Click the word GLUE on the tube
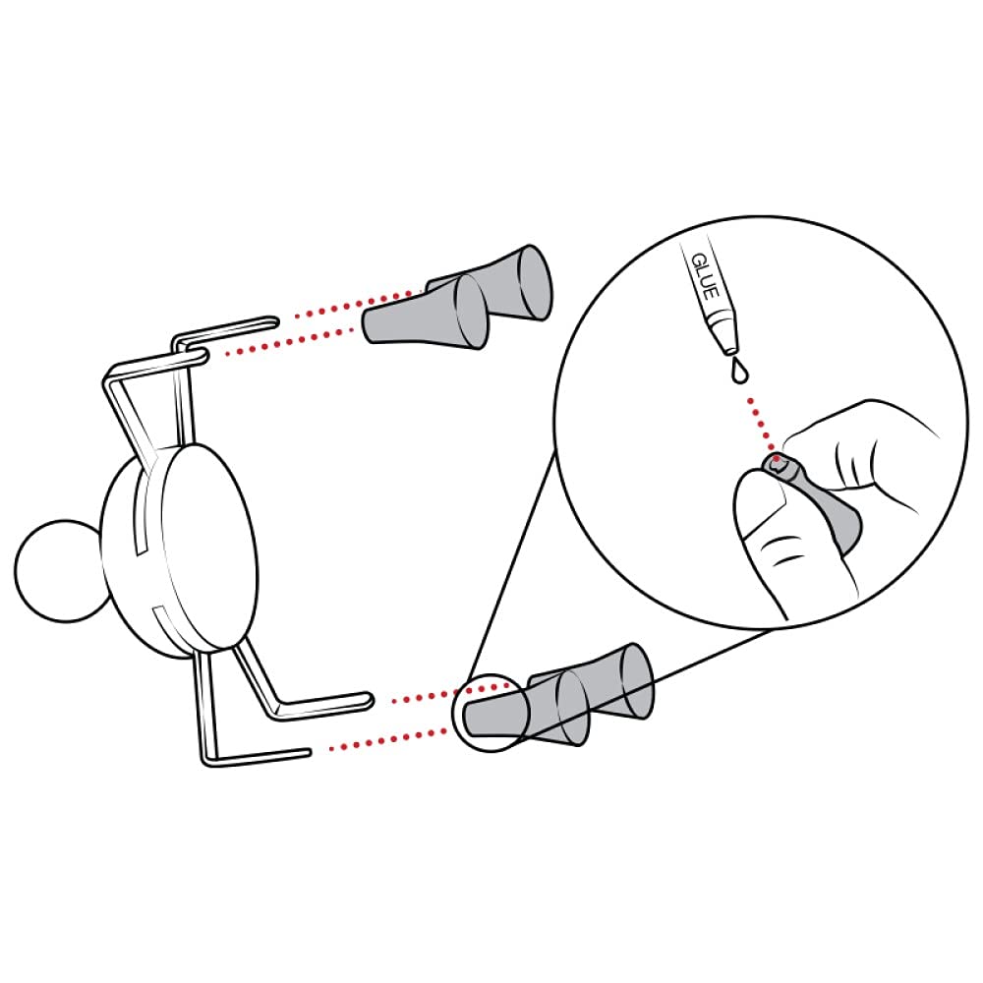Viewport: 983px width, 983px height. tap(705, 276)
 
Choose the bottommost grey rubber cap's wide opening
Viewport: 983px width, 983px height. tap(572, 708)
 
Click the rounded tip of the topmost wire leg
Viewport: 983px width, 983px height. tap(274, 321)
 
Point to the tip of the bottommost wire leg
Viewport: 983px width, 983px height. tap(307, 752)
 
